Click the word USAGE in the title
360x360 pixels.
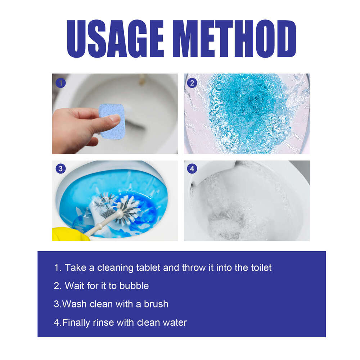click(123, 39)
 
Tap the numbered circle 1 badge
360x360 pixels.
click(60, 83)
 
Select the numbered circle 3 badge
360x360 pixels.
click(60, 168)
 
